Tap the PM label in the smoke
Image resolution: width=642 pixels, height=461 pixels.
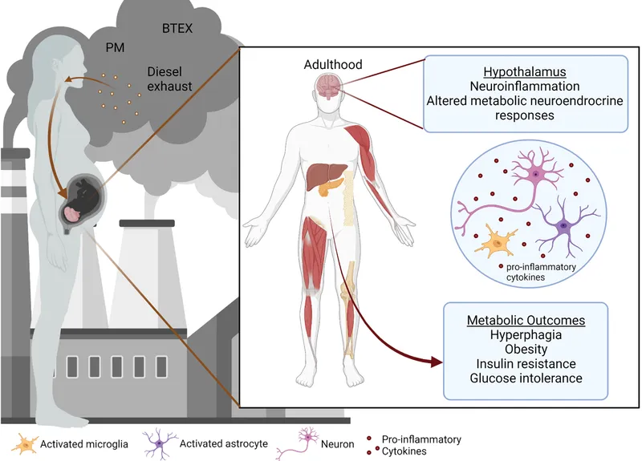pos(115,47)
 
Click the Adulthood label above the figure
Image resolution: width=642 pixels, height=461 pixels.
pos(333,64)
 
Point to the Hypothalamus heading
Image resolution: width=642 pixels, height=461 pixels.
pos(526,71)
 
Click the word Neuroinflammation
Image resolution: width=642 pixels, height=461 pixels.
pos(526,86)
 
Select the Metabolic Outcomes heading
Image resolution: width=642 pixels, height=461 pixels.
pos(526,320)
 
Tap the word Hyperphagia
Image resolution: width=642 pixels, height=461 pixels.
pos(526,335)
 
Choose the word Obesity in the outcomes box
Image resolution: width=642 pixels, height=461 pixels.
pos(526,350)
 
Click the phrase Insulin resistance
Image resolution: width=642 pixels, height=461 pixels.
pos(526,364)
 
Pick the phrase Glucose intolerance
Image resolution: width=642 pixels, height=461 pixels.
pos(526,378)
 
